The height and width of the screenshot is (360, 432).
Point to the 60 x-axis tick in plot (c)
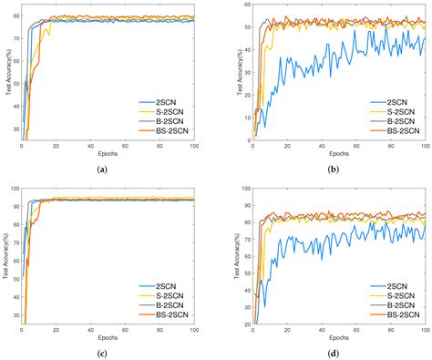125,331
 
